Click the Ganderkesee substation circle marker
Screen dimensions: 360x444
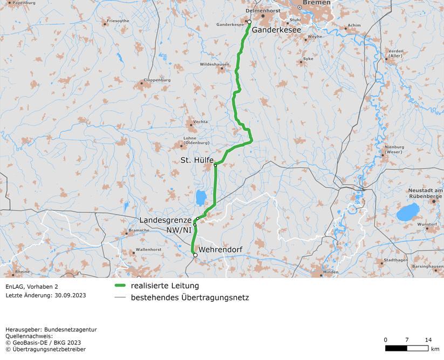(x=249, y=22)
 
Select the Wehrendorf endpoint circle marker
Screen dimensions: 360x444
(x=195, y=255)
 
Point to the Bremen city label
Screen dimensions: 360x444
(x=317, y=3)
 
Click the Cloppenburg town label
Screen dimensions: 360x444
(x=157, y=80)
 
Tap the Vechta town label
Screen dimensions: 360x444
(x=200, y=122)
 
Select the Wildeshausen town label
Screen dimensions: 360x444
(x=215, y=64)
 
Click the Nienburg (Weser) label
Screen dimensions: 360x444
(x=394, y=149)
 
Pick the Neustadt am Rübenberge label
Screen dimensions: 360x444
(x=426, y=194)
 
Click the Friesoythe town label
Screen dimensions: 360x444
(x=118, y=21)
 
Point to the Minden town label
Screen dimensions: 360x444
(x=331, y=272)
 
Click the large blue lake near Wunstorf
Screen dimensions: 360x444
(x=407, y=214)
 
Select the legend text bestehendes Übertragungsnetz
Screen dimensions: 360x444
(x=190, y=297)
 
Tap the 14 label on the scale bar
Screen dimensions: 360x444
(x=428, y=339)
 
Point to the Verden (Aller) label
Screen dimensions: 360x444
(x=395, y=53)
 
